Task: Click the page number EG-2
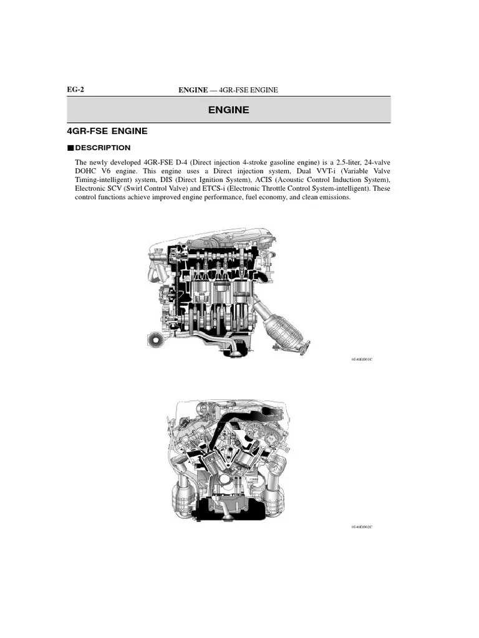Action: [75, 90]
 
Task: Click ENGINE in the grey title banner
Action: [228, 110]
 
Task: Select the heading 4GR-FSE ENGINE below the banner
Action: [107, 131]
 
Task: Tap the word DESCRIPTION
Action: [102, 148]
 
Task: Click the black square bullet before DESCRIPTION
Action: [70, 148]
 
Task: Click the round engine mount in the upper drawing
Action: [155, 340]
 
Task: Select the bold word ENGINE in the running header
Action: [193, 90]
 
